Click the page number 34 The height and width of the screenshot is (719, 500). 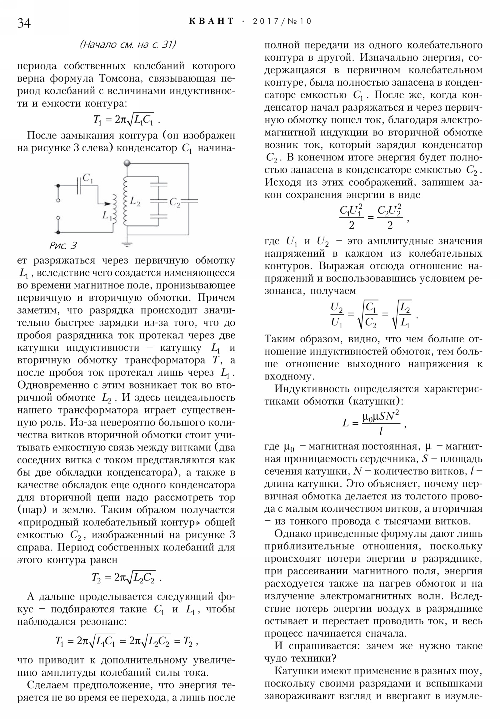coord(24,23)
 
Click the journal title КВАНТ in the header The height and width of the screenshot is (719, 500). coord(212,21)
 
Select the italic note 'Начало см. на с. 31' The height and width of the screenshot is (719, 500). coord(128,44)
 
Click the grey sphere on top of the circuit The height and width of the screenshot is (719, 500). coord(127,163)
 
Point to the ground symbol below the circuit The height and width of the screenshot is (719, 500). coord(127,244)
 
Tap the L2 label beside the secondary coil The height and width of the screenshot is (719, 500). coord(135,202)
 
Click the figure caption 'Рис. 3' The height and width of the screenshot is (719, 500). coord(63,245)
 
